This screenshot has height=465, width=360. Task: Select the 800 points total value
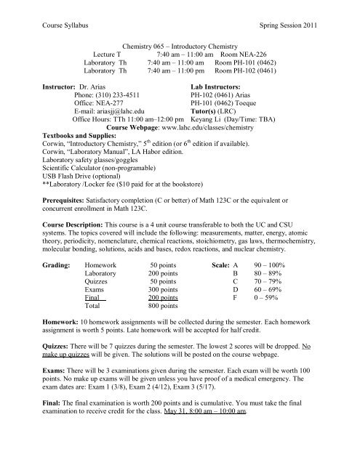(x=163, y=307)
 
